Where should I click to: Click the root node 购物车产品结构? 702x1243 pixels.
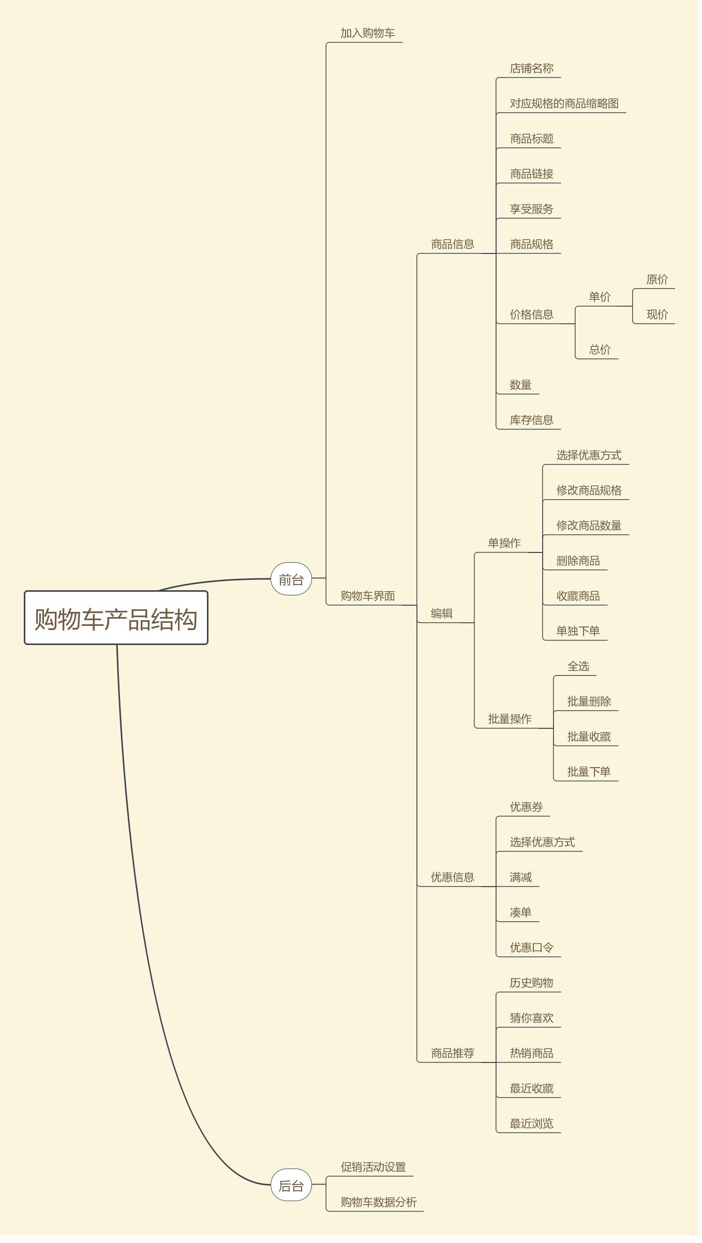[116, 619]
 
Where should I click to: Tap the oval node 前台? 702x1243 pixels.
[291, 580]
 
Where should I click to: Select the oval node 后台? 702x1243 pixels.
[291, 1186]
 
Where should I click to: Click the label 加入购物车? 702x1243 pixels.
[368, 33]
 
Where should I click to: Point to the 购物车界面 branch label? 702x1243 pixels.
[368, 596]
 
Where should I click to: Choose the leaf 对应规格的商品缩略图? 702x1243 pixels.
[564, 103]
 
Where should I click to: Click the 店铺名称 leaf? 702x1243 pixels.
[532, 68]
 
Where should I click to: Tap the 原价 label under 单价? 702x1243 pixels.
[657, 279]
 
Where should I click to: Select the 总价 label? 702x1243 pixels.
[600, 350]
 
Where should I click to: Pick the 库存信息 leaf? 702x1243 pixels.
[532, 420]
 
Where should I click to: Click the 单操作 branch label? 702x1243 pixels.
[504, 543]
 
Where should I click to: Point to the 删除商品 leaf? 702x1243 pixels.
[578, 561]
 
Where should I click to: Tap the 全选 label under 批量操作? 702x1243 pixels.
[578, 666]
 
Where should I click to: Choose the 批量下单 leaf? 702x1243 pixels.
[589, 772]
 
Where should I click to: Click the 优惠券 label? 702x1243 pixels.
[527, 807]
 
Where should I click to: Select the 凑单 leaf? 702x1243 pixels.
[521, 912]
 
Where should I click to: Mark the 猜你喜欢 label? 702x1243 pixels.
[532, 1018]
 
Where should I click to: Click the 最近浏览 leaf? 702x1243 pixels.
[532, 1124]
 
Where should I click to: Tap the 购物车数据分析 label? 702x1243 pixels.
[379, 1202]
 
